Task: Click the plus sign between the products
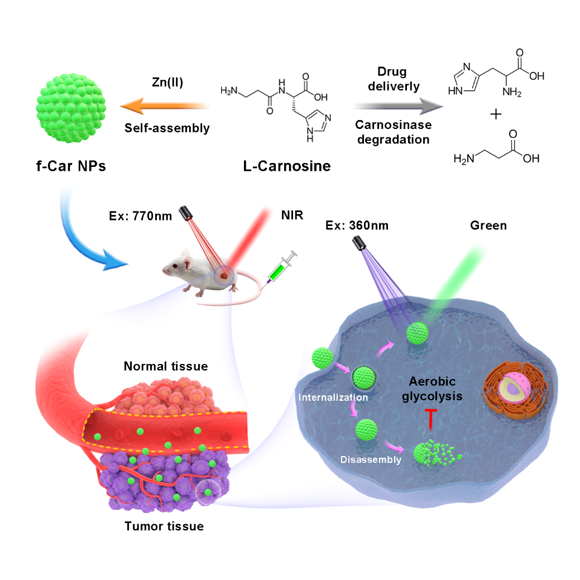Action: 495,114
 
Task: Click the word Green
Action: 488,225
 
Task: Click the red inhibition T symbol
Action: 430,419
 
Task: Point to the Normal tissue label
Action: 166,367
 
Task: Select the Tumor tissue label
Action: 164,526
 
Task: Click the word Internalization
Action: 333,397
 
